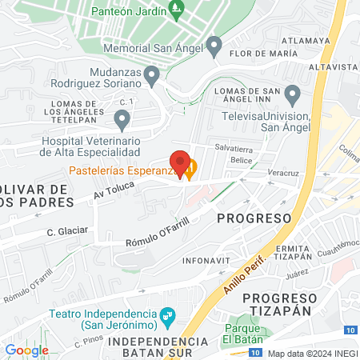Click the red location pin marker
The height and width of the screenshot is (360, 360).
[x=180, y=162]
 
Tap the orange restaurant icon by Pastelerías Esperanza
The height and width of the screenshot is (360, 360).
[x=190, y=170]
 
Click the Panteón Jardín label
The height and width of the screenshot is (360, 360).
[x=129, y=12]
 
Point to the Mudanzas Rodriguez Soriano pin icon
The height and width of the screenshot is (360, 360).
[x=152, y=74]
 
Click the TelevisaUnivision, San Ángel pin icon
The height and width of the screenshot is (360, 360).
[x=292, y=95]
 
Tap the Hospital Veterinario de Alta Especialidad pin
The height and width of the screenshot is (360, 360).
[x=122, y=120]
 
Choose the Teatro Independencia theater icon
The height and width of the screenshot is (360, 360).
[x=166, y=315]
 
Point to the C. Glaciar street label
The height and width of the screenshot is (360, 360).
[x=66, y=230]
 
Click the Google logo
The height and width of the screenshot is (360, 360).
[x=26, y=350]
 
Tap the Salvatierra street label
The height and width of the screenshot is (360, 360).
[x=234, y=147]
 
